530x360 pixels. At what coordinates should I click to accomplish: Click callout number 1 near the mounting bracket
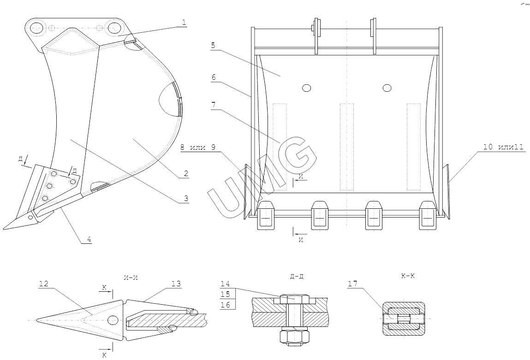(x=184, y=22)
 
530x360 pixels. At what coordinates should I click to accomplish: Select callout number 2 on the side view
(x=186, y=174)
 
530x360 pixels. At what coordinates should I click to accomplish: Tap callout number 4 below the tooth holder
(x=89, y=239)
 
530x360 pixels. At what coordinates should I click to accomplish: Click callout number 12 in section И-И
(x=44, y=284)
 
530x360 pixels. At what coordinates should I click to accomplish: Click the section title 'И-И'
(x=131, y=277)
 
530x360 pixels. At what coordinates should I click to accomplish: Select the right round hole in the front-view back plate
(x=387, y=88)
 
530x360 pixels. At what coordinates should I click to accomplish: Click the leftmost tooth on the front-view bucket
(x=267, y=215)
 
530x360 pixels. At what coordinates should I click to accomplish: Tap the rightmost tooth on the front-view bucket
(x=427, y=215)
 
